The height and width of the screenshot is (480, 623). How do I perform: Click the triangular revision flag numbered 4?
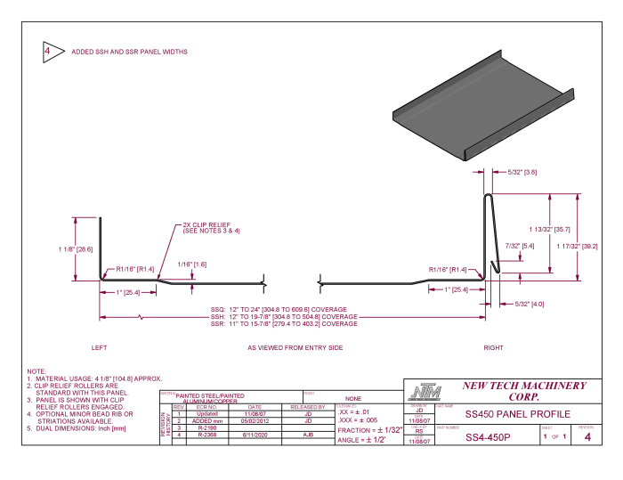click(x=49, y=52)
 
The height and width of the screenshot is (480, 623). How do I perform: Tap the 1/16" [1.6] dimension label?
click(x=192, y=264)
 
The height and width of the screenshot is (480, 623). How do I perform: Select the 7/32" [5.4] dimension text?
click(x=519, y=246)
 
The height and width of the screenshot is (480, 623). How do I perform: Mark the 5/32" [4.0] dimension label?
click(x=530, y=305)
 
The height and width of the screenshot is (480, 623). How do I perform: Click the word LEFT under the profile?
click(x=100, y=347)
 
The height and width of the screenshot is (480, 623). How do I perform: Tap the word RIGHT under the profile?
click(x=493, y=347)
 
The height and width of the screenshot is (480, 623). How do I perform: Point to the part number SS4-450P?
click(x=488, y=437)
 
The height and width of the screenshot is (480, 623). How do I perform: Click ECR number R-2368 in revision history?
click(x=207, y=435)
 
